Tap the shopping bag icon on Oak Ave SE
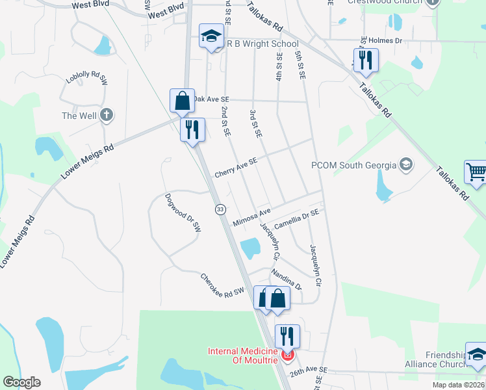click(182, 101)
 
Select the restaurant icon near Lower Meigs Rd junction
click(192, 129)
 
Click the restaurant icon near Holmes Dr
click(365, 60)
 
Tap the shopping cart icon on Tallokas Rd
click(476, 172)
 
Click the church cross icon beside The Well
click(107, 116)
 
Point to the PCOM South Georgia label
click(353, 165)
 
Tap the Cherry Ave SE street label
click(236, 168)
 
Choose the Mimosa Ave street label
click(251, 214)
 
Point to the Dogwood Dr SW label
click(183, 213)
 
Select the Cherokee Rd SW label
click(222, 284)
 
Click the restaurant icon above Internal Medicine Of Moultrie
click(287, 336)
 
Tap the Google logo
click(21, 382)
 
